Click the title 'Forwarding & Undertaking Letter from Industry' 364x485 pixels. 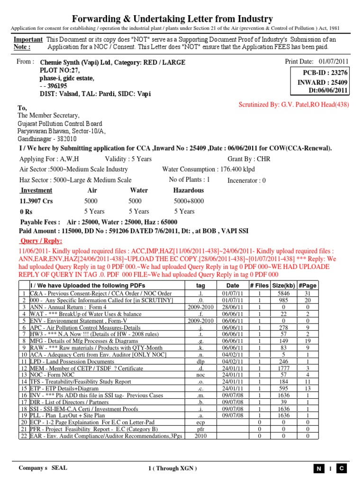click(x=172, y=19)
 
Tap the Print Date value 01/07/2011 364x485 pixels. click(x=333, y=62)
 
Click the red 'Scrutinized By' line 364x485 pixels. click(x=294, y=104)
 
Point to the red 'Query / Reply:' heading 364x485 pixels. click(x=42, y=241)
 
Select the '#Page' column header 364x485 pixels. click(x=308, y=285)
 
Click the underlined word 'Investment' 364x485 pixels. click(x=36, y=190)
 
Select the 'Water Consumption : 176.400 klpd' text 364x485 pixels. click(x=209, y=169)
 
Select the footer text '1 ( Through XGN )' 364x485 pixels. click(x=172, y=468)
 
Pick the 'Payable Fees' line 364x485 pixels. click(x=99, y=222)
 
